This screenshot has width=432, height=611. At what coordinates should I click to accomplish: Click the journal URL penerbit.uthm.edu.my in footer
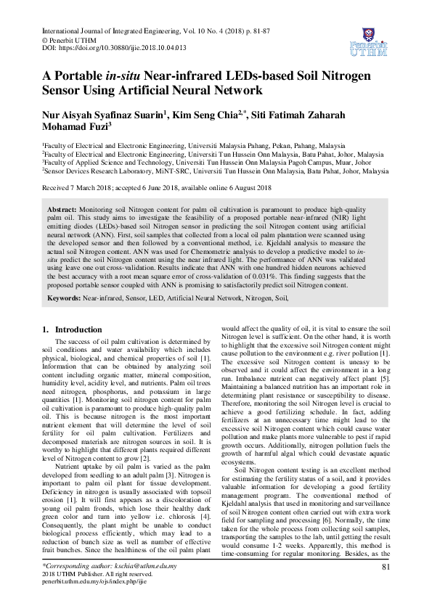(94, 581)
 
